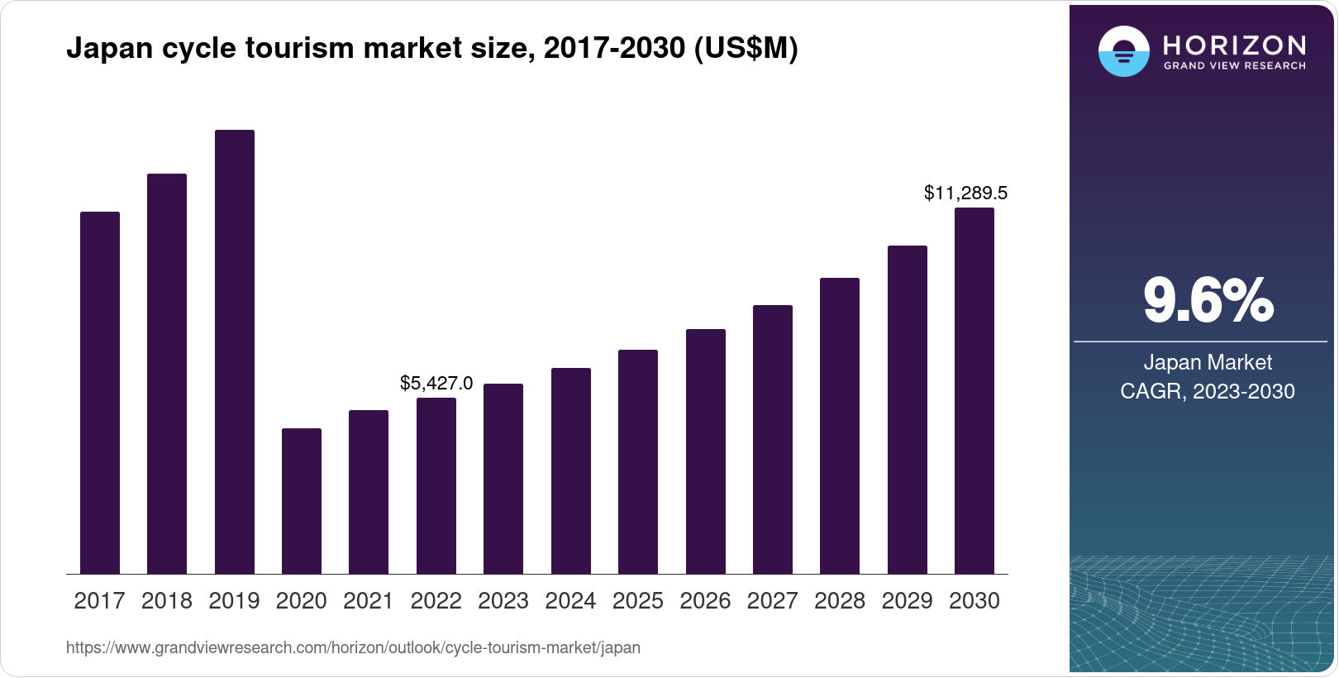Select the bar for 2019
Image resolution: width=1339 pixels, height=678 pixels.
coord(235,351)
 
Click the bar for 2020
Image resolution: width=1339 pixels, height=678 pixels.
coord(302,501)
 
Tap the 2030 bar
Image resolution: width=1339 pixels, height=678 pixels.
coord(974,390)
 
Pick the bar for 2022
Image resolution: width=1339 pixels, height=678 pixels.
coord(436,485)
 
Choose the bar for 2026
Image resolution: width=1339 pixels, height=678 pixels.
coord(706,451)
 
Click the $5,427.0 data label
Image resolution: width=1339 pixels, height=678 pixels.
coord(436,383)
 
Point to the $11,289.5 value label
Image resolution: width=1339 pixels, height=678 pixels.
coord(965,193)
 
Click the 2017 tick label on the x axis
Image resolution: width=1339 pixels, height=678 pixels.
coord(99,600)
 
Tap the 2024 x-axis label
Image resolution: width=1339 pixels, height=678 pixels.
coord(570,600)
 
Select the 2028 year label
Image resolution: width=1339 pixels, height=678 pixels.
coord(840,600)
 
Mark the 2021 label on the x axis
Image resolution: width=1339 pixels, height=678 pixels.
coord(369,600)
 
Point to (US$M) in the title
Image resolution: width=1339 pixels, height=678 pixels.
coord(746,48)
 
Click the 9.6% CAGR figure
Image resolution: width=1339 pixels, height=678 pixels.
coord(1208,300)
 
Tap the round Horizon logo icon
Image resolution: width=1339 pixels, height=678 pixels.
coord(1123,51)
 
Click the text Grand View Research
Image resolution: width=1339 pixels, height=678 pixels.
coord(1234,66)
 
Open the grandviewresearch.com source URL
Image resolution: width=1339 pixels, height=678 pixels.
coord(353,647)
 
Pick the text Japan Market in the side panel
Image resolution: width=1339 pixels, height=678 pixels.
coord(1208,362)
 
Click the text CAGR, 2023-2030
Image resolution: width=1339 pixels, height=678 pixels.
coord(1208,391)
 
